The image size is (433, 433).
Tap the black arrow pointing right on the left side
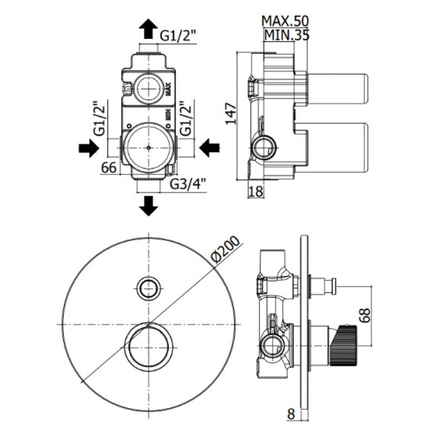[x=89, y=147]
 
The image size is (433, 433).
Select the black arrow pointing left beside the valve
[x=208, y=147]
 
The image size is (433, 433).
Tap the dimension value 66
[x=109, y=168]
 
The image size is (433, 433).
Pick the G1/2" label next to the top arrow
[x=178, y=35]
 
